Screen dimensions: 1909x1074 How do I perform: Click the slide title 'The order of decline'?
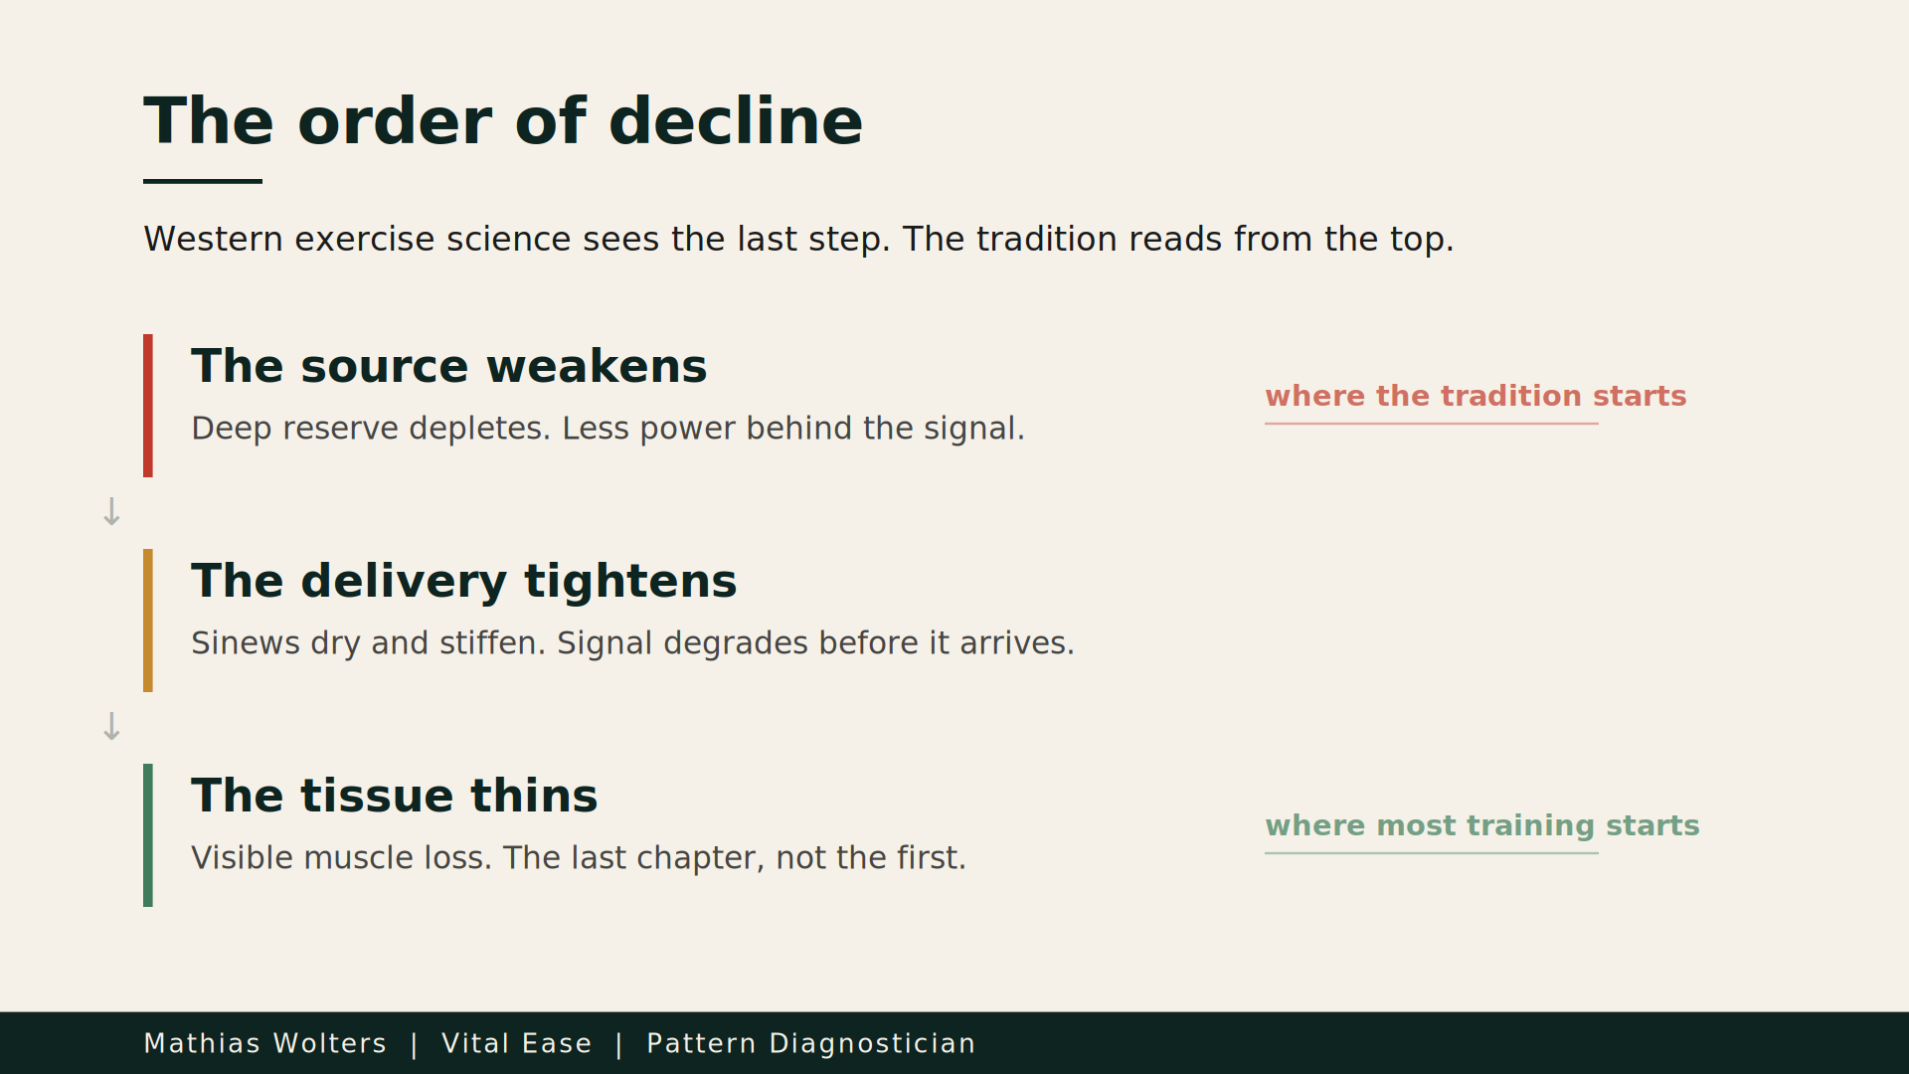tap(503, 121)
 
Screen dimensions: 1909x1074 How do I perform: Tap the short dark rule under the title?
tap(203, 181)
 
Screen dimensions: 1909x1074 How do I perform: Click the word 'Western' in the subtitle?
tap(214, 239)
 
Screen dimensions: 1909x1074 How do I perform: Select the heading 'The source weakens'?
tap(449, 366)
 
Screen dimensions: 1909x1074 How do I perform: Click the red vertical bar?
tap(148, 406)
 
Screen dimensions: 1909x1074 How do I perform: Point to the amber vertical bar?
tap(148, 621)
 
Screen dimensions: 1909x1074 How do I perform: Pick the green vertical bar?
tap(148, 835)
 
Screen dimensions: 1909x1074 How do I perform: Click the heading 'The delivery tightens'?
tap(464, 582)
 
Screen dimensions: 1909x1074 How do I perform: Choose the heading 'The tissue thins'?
tap(395, 796)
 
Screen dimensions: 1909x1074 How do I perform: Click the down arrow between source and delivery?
tap(111, 512)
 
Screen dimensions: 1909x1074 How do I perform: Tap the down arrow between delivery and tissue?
tap(111, 727)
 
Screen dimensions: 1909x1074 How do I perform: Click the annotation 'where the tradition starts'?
tap(1475, 396)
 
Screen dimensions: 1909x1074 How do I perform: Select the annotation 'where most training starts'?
tap(1482, 826)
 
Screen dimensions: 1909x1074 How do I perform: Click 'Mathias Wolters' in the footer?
tap(265, 1043)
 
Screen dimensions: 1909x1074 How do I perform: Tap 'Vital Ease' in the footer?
tap(517, 1043)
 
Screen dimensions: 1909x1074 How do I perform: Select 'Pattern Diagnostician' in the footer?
tap(811, 1043)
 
